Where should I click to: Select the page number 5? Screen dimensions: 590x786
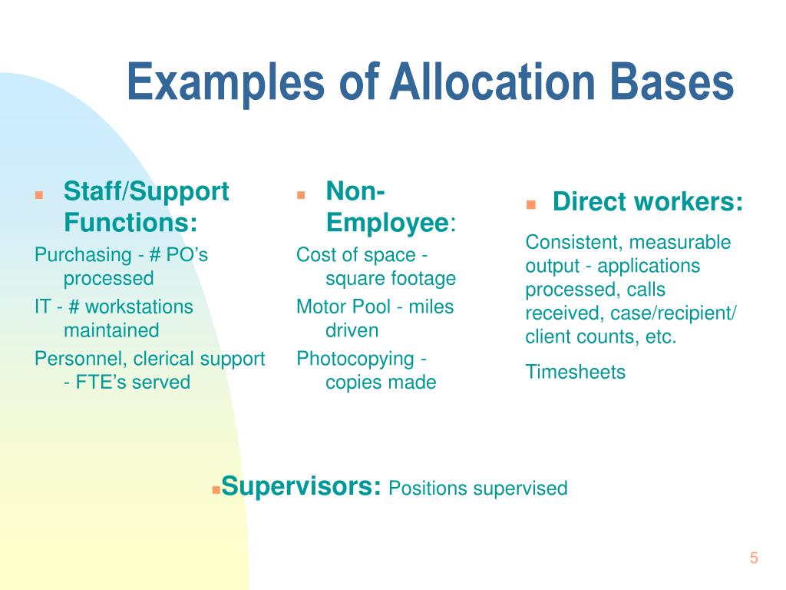(754, 559)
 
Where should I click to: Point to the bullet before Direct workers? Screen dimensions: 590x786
(530, 205)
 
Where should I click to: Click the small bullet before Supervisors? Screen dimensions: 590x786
(216, 489)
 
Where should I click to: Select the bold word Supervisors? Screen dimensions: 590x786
(302, 486)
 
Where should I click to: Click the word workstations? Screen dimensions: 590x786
(139, 307)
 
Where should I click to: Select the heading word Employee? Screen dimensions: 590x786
(387, 224)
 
